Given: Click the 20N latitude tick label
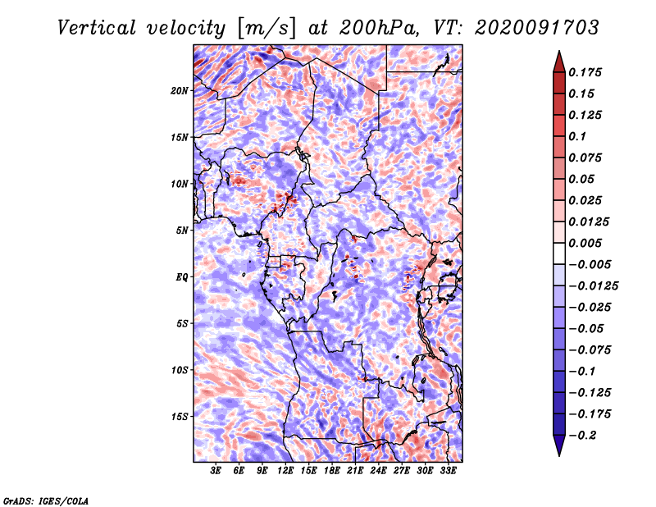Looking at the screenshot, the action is (x=180, y=90).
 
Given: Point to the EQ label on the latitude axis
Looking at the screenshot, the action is (x=182, y=276).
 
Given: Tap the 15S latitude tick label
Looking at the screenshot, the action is (x=180, y=417).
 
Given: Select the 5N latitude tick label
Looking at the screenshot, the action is (x=182, y=231).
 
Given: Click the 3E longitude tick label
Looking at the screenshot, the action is (x=216, y=470).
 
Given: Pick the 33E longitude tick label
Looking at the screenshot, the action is (x=448, y=470).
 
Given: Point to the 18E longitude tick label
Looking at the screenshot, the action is (x=332, y=470).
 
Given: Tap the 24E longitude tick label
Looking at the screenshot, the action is (x=378, y=470).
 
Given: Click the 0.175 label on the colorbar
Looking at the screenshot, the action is (x=585, y=72).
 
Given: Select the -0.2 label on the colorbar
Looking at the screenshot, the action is (x=582, y=436).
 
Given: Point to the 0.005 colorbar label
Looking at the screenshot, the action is (x=585, y=243).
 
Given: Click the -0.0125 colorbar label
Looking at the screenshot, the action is (x=593, y=286).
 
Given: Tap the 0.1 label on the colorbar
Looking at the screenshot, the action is (x=577, y=136).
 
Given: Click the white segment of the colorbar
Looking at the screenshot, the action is (x=559, y=253).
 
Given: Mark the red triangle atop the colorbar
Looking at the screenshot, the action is (x=559, y=62).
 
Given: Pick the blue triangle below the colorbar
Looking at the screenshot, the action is (x=559, y=445).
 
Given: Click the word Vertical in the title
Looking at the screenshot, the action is (x=97, y=28).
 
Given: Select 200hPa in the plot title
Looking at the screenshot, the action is (x=378, y=28).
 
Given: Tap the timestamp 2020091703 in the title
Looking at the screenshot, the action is (x=537, y=28).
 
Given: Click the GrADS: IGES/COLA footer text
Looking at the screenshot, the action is (x=46, y=500).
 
